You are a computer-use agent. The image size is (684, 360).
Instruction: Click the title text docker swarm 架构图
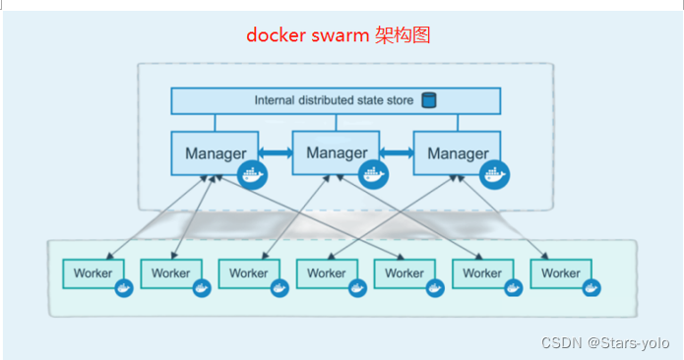[x=338, y=35]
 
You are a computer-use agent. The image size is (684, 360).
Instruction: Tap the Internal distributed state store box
[x=335, y=100]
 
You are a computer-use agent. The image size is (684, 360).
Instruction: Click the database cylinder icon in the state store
[x=428, y=100]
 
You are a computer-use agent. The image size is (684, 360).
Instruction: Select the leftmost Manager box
[x=214, y=154]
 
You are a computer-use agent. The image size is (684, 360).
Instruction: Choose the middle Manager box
[x=337, y=152]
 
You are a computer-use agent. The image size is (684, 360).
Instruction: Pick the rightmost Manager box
[x=457, y=154]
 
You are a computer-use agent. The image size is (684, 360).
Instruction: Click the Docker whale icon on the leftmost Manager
[x=253, y=175]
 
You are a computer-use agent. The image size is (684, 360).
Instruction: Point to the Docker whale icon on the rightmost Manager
[x=494, y=175]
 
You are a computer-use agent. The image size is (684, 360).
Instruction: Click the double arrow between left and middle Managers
[x=276, y=153]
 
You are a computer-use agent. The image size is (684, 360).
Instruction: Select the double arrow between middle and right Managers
[x=397, y=152]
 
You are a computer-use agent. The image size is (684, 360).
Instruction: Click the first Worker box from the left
[x=93, y=273]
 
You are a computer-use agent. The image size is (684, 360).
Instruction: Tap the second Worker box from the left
[x=171, y=273]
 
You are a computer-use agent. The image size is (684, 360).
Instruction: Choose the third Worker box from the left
[x=248, y=273]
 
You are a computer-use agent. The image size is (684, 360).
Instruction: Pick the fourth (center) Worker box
[x=326, y=273]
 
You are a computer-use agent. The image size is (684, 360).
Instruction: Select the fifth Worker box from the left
[x=404, y=273]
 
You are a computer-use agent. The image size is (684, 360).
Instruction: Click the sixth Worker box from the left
[x=482, y=273]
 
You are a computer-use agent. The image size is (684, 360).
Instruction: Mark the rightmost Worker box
[x=560, y=273]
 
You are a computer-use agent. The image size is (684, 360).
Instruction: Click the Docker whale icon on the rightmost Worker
[x=591, y=288]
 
